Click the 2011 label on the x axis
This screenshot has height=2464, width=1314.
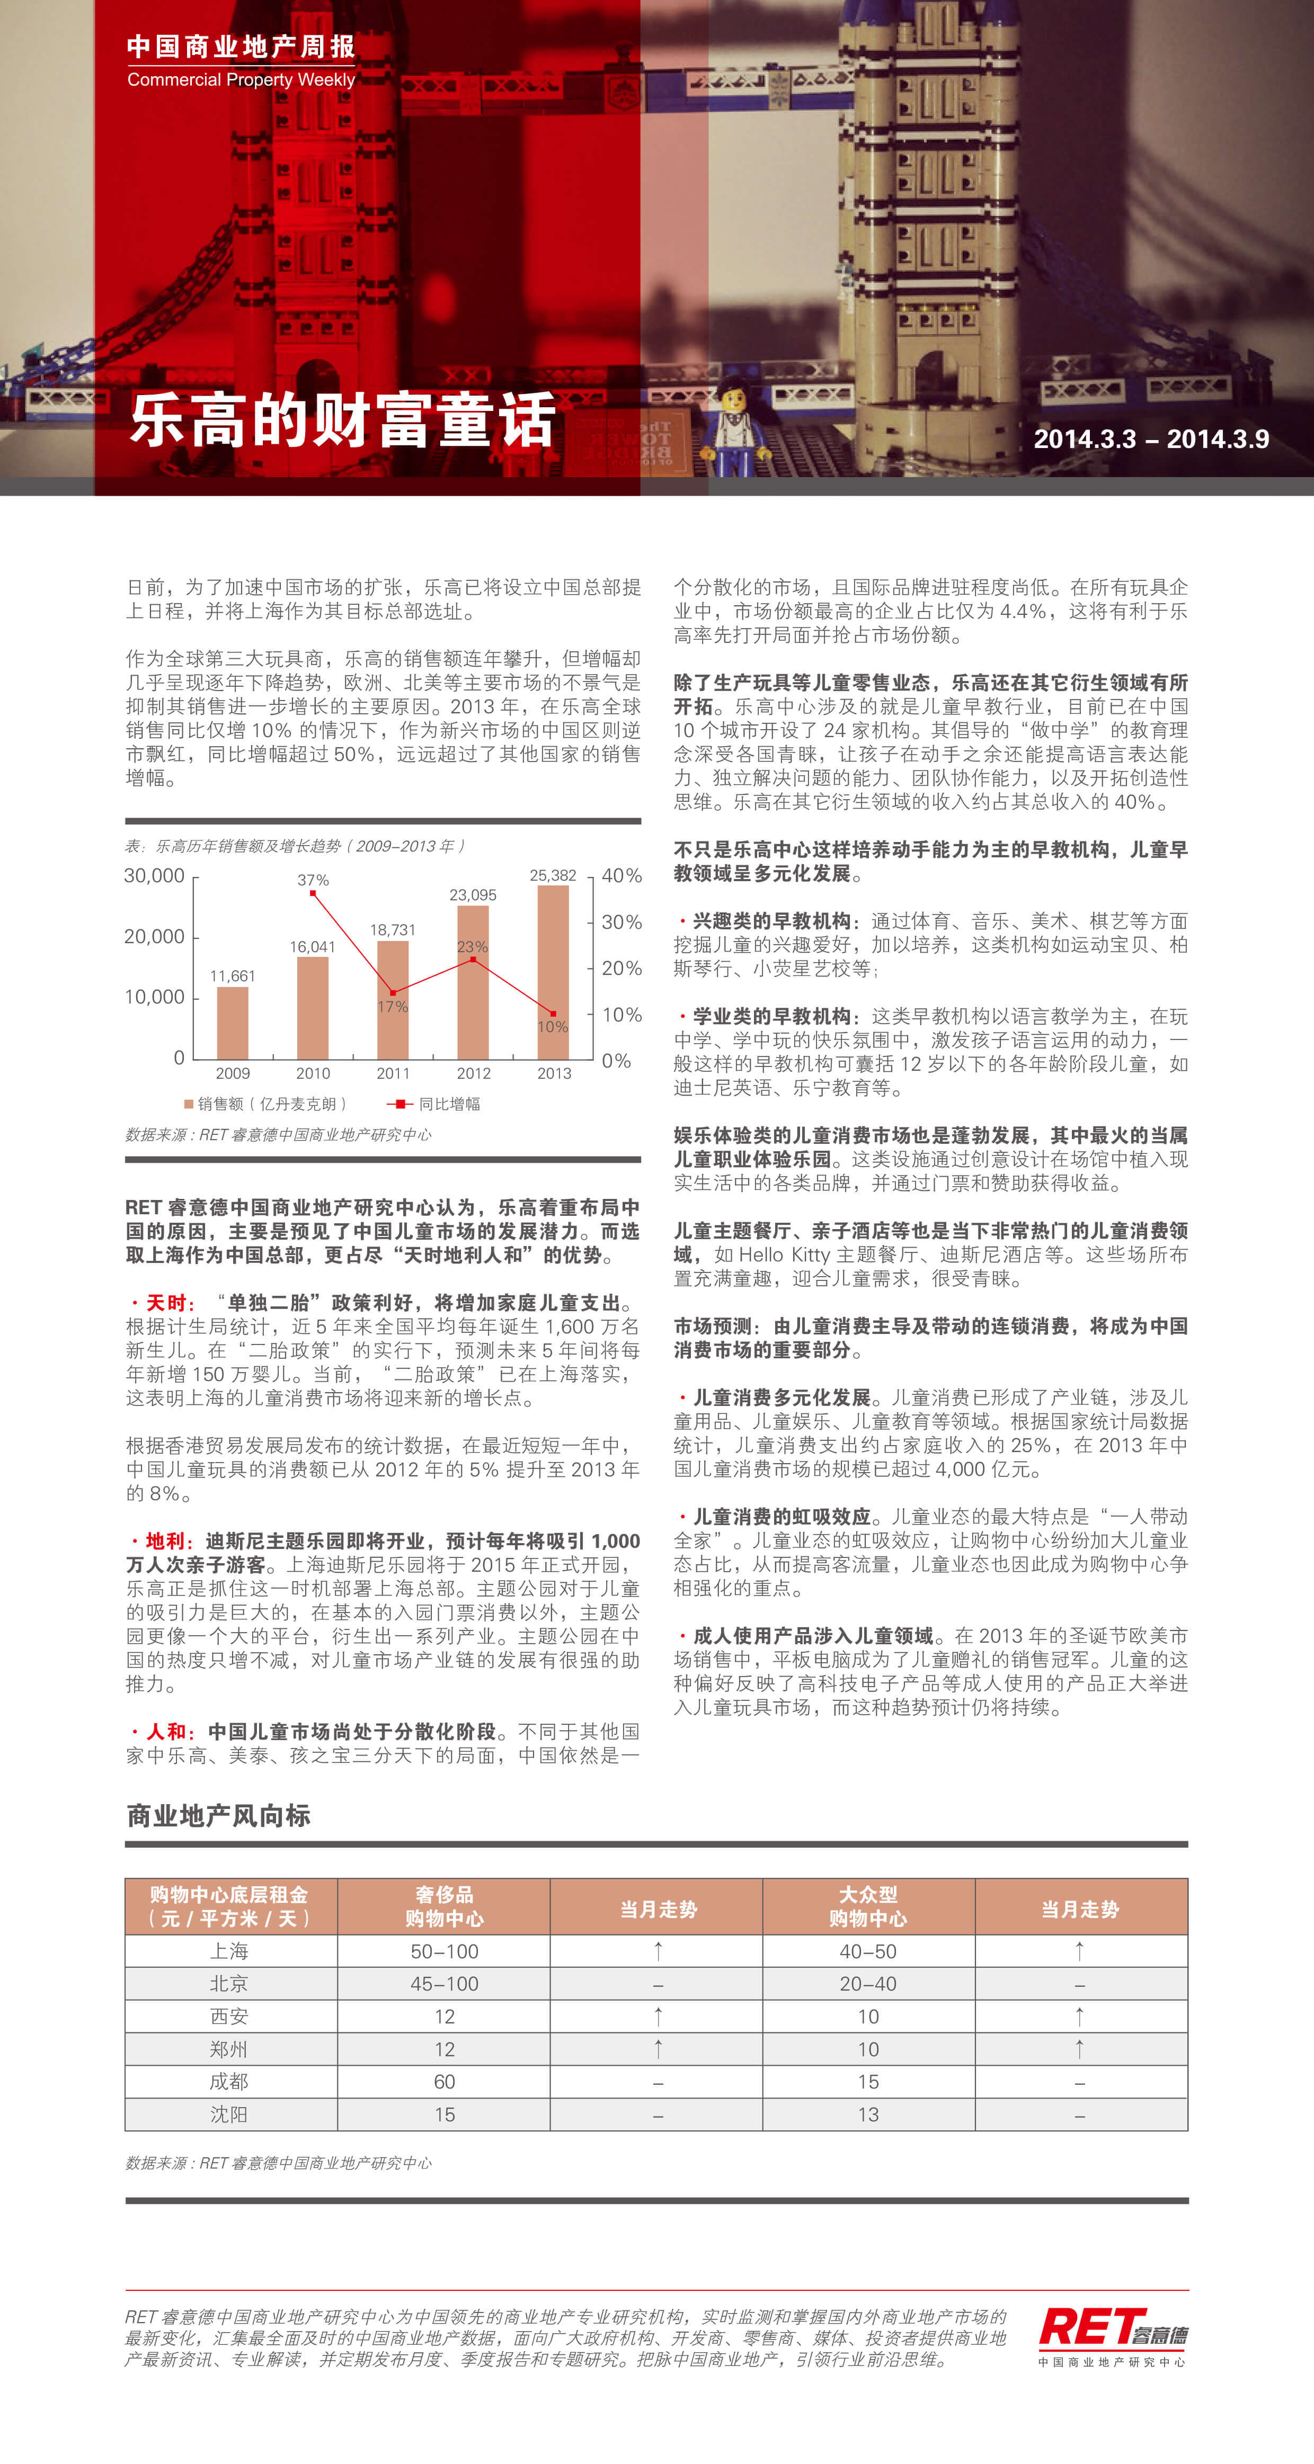point(393,1073)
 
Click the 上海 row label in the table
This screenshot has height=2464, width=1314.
point(230,1951)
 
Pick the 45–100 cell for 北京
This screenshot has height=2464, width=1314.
point(444,1984)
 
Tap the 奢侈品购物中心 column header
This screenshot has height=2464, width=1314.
point(444,1906)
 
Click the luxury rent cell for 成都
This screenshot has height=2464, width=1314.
point(444,2081)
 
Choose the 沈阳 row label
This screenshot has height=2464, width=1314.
point(230,2114)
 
